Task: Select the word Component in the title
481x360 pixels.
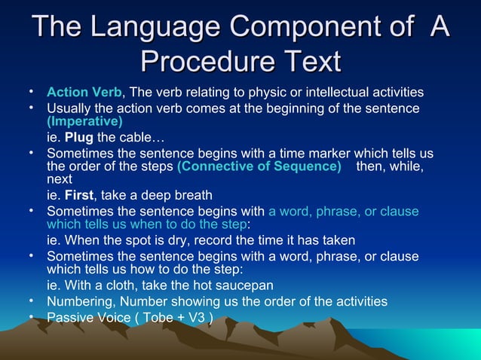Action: pyautogui.click(x=302, y=28)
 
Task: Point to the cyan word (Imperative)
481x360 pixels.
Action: pyautogui.click(x=84, y=121)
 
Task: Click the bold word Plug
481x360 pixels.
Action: pyautogui.click(x=79, y=137)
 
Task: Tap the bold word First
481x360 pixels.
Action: pyautogui.click(x=79, y=195)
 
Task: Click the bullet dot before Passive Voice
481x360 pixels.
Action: pyautogui.click(x=32, y=316)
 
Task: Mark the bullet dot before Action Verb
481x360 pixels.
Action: pyautogui.click(x=32, y=92)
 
